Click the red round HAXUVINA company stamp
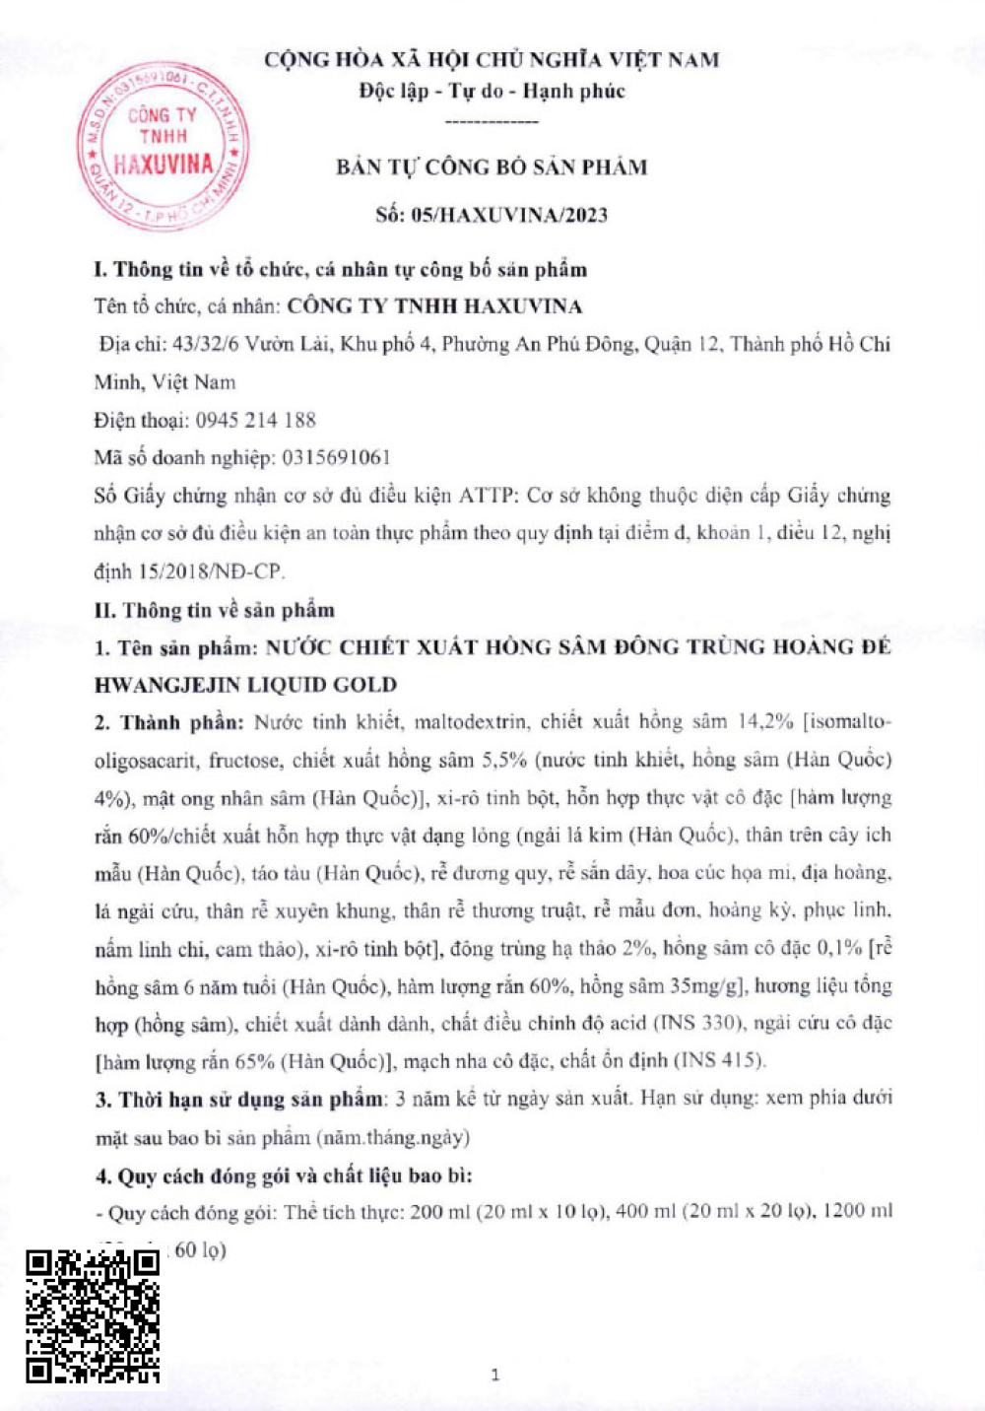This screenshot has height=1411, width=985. (x=163, y=146)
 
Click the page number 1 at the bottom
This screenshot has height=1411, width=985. (x=494, y=1375)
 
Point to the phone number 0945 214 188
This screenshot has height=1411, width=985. (x=255, y=420)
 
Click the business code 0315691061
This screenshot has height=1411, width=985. (x=336, y=457)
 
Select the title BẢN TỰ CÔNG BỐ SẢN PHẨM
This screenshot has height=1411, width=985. (x=492, y=167)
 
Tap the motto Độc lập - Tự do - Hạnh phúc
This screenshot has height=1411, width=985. (x=492, y=91)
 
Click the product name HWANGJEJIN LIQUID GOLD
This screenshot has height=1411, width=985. (x=245, y=685)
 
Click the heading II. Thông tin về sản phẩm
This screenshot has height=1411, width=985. (x=215, y=610)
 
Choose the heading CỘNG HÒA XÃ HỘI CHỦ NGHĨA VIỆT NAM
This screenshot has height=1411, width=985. (x=492, y=59)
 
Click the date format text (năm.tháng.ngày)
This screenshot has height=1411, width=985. (x=393, y=1137)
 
